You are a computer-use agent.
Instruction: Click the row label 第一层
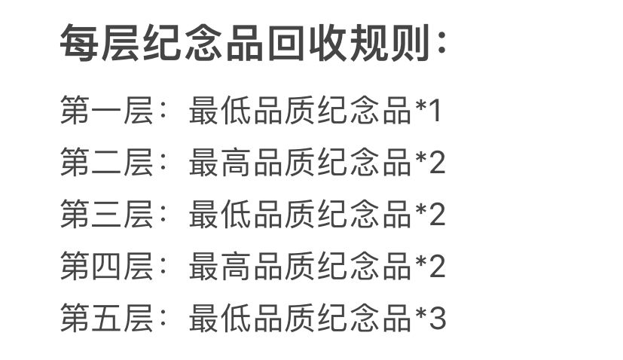pyautogui.click(x=107, y=110)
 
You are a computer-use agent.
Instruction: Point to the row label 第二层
pyautogui.click(x=107, y=162)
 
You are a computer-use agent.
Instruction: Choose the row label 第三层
pyautogui.click(x=107, y=214)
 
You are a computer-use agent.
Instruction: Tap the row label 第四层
pyautogui.click(x=107, y=266)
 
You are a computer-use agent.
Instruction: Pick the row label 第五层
pyautogui.click(x=107, y=318)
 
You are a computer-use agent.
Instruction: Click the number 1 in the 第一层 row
pyautogui.click(x=435, y=111)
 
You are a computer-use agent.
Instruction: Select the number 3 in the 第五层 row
pyautogui.click(x=438, y=319)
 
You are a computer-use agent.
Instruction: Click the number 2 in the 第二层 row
pyautogui.click(x=438, y=163)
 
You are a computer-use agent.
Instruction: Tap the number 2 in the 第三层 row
pyautogui.click(x=438, y=215)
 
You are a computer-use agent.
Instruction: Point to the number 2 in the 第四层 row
pyautogui.click(x=438, y=267)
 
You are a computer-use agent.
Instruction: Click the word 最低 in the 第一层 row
pyautogui.click(x=220, y=110)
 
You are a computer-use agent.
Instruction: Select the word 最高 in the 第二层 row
pyautogui.click(x=220, y=162)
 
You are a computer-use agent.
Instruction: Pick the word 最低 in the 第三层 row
pyautogui.click(x=220, y=214)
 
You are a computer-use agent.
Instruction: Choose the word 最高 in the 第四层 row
pyautogui.click(x=220, y=266)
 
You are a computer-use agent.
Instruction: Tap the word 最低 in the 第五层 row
pyautogui.click(x=220, y=318)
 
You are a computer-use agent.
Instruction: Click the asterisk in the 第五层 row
pyautogui.click(x=421, y=313)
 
